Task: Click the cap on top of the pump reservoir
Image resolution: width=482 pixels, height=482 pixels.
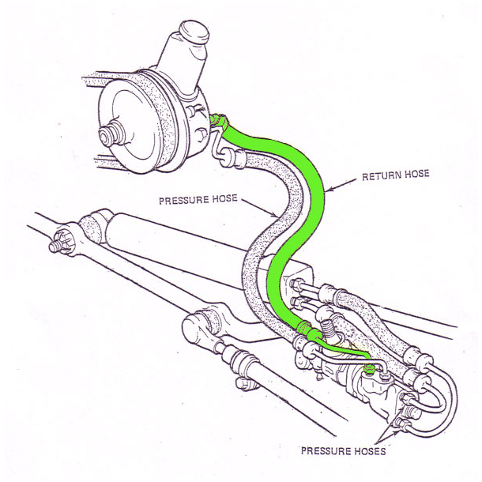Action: click(x=191, y=33)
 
